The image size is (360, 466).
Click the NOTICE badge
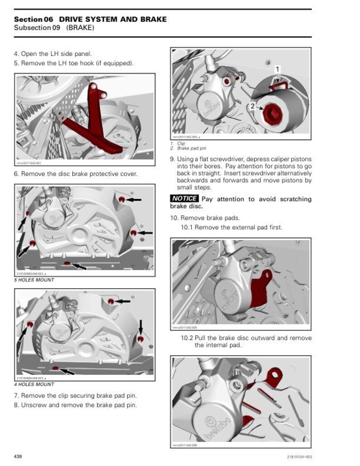click(185, 199)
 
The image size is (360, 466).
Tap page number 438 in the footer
click(18, 456)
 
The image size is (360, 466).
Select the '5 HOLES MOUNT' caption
click(35, 280)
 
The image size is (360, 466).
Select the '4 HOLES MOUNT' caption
click(35, 384)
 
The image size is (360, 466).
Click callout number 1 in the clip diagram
click(277, 69)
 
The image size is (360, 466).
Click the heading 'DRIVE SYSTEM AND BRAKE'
click(113, 19)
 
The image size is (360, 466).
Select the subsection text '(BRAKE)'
click(80, 28)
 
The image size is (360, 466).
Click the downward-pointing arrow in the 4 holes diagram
click(141, 326)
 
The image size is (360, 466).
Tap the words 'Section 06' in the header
click(34, 19)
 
